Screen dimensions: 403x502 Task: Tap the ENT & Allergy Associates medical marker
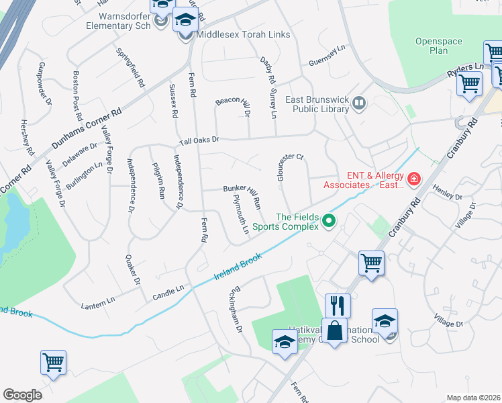tap(413, 179)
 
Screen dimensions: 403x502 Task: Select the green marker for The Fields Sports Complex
tap(329, 220)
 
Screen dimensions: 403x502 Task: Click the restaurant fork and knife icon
tap(338, 306)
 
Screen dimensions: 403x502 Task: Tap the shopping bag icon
tap(334, 330)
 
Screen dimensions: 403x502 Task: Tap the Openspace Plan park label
tap(439, 46)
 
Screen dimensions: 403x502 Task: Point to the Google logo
tap(22, 395)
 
